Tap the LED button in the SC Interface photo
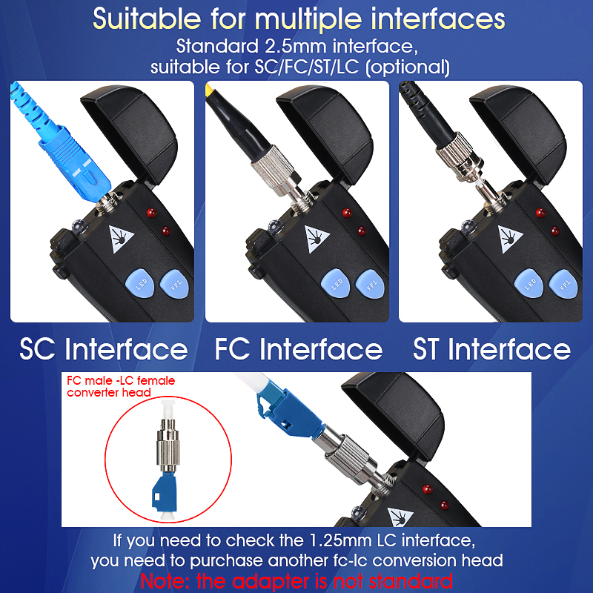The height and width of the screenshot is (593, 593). coord(140,283)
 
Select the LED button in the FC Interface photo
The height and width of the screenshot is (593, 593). coord(336,283)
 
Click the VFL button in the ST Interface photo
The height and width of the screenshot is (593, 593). coord(563,284)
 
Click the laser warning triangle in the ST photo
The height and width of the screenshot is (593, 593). coord(509,239)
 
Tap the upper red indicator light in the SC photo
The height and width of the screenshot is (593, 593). coord(152,213)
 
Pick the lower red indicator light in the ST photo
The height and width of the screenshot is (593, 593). coord(555,231)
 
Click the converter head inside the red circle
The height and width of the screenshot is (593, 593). coord(168,460)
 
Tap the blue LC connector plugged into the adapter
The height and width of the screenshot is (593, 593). coord(288,415)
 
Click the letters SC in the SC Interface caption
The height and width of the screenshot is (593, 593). coord(36,349)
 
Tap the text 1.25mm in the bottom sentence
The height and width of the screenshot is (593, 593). coord(340,540)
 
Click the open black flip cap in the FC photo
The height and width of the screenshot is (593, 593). coord(325,133)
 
